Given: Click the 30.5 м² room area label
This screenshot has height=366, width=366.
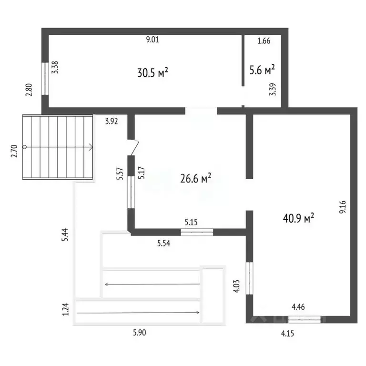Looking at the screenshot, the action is (x=152, y=72).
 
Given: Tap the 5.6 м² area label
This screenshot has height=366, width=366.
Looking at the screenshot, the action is (x=262, y=70).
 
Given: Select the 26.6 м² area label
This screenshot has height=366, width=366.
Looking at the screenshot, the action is (x=196, y=178).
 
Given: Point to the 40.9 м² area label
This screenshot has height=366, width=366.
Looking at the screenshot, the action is (x=298, y=218).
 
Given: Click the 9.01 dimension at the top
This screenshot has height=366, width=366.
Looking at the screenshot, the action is (x=152, y=39).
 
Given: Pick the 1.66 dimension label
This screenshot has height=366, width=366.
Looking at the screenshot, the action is (x=264, y=41).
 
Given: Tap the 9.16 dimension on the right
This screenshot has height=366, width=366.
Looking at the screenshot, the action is (x=343, y=207).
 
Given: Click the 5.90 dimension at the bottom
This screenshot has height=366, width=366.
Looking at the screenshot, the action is (x=140, y=332).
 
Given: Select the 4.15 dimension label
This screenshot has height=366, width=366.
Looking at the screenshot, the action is (x=287, y=334).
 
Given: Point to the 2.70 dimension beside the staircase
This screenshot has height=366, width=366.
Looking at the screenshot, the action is (x=14, y=151).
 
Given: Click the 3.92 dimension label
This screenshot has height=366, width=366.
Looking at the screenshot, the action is (x=112, y=121).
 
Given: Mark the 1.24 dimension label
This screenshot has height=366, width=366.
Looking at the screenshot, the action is (x=66, y=309).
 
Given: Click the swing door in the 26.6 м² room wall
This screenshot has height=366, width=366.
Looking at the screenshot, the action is (x=133, y=147).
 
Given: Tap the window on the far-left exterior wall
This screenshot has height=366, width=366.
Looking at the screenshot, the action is (x=45, y=79).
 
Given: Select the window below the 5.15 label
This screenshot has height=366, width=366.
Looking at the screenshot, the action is (x=197, y=232).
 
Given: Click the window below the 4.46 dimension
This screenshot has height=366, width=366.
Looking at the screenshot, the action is (x=305, y=319).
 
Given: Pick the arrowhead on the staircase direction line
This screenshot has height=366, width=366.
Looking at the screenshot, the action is (x=91, y=147).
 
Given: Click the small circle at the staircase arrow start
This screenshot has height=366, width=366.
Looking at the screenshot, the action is (x=24, y=147).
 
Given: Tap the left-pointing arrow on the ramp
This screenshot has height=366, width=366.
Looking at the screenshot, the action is (x=152, y=284).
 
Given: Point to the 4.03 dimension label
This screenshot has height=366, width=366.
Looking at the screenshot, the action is (x=237, y=286).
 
